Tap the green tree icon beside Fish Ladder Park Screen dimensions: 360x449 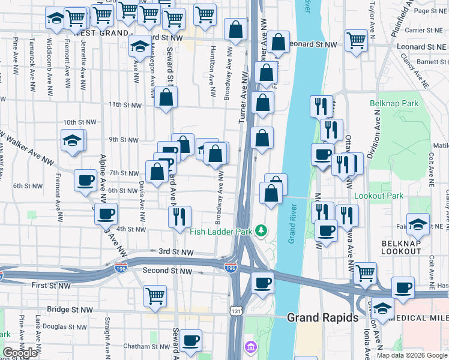click(261, 230)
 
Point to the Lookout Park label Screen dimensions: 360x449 click(379, 196)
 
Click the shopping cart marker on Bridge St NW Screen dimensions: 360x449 click(155, 296)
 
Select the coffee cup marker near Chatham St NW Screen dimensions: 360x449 click(191, 340)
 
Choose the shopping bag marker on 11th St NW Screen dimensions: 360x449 click(166, 98)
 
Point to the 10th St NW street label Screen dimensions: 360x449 click(79, 122)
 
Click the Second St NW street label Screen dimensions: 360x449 click(167, 271)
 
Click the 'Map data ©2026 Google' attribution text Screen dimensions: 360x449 click(411, 355)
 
